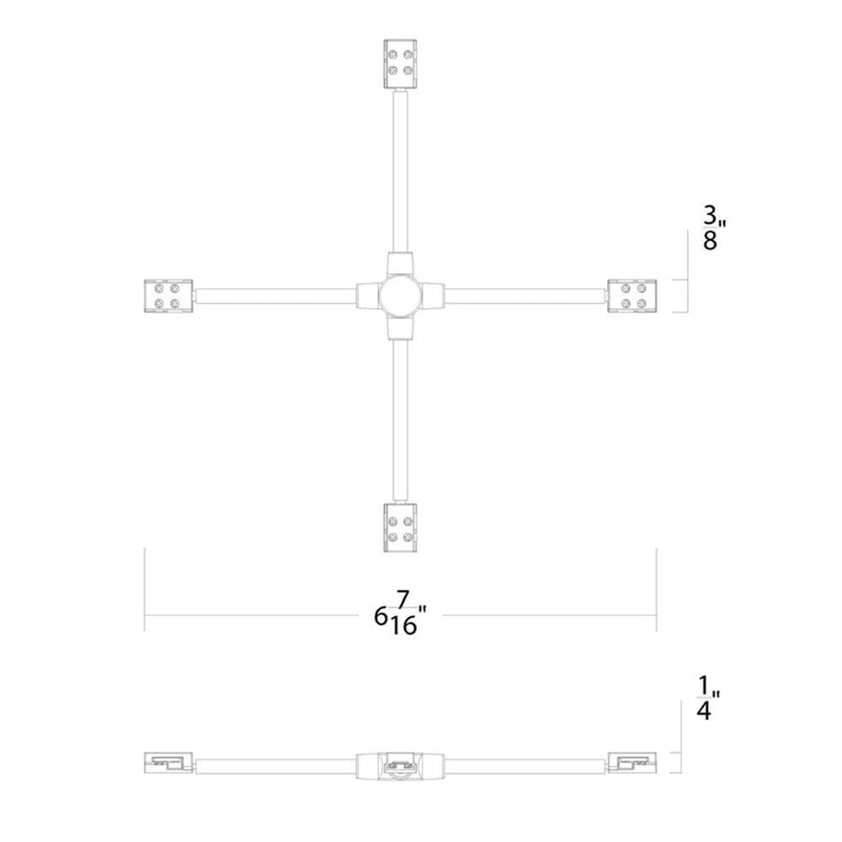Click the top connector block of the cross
(x=399, y=65)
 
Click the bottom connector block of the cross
(x=399, y=528)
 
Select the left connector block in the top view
(x=168, y=296)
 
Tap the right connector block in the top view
(x=631, y=296)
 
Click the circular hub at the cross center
(x=399, y=296)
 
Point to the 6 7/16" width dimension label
(x=399, y=616)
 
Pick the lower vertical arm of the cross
(x=399, y=421)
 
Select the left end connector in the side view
(x=168, y=764)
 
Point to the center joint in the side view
(x=399, y=766)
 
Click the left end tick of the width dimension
(x=145, y=589)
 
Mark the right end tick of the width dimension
(x=656, y=589)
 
